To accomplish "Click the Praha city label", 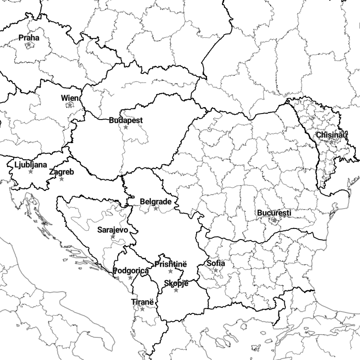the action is [x=29, y=38].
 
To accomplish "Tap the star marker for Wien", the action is [x=70, y=105].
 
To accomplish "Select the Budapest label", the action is [x=126, y=120].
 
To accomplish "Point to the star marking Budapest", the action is [x=126, y=127].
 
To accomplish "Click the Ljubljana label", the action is [x=31, y=165].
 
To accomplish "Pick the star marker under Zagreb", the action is [x=61, y=179].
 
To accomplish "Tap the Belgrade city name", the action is [x=156, y=202].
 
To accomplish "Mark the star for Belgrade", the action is [x=156, y=209].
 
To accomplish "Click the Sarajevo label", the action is [x=113, y=230].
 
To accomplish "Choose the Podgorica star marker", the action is [x=130, y=278].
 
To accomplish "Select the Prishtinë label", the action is [x=171, y=264].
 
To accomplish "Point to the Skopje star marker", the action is [x=176, y=290].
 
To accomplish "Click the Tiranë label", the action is [x=142, y=302].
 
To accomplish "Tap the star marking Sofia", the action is [x=216, y=270].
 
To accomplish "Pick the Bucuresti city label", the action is [x=274, y=213].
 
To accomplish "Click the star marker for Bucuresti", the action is [x=274, y=220].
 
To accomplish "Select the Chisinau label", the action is [x=331, y=135].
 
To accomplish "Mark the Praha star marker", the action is [x=29, y=45].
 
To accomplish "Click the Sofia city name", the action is [x=216, y=264].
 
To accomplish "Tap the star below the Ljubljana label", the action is [x=31, y=172].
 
